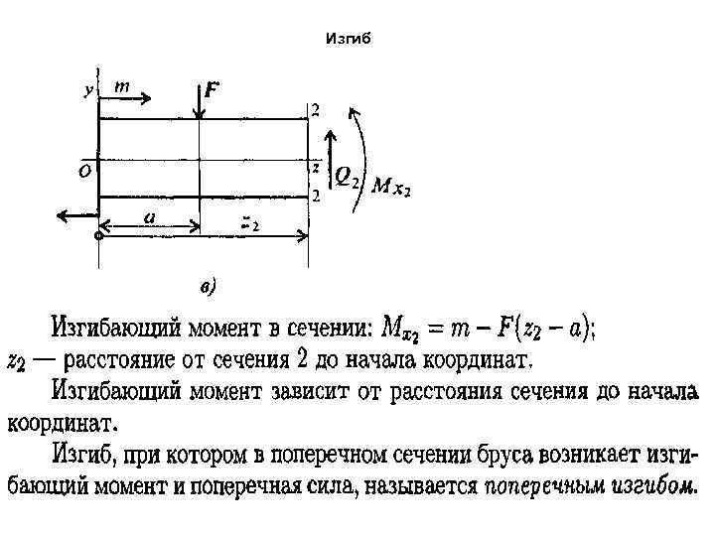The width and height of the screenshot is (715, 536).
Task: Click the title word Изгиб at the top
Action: [348, 40]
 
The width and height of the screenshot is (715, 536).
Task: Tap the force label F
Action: [213, 90]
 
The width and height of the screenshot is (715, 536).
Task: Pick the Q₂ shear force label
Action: [347, 178]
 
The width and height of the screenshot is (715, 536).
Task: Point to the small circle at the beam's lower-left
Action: [98, 236]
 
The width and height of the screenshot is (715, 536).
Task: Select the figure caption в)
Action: [208, 289]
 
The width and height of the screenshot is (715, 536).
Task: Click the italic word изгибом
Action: [661, 486]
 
